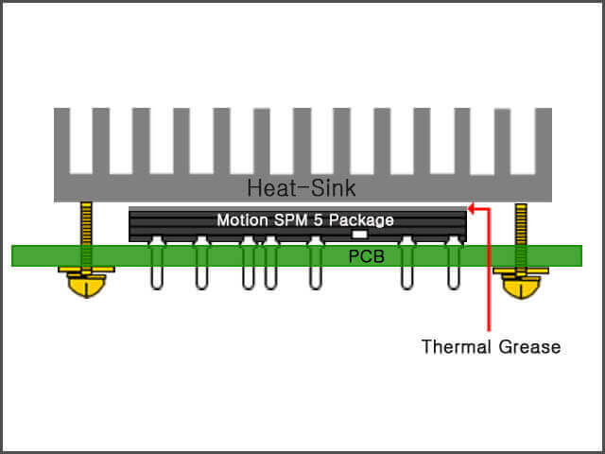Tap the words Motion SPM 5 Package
click(305, 220)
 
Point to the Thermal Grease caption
click(491, 347)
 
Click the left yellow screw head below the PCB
click(86, 284)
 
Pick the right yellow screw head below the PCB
click(521, 284)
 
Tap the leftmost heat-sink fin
click(62, 142)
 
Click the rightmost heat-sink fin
click(543, 142)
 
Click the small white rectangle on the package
click(359, 233)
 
